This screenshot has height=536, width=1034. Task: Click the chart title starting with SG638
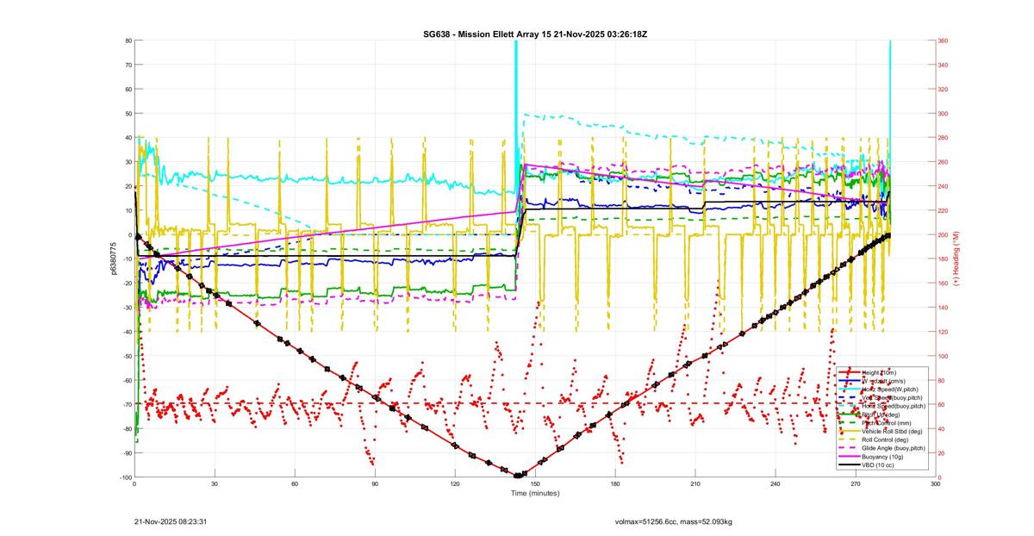[x=535, y=34]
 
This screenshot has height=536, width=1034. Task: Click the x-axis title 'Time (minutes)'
[x=535, y=494]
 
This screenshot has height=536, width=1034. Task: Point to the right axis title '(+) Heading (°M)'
[x=954, y=259]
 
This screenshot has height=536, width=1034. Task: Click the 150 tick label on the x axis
[x=535, y=484]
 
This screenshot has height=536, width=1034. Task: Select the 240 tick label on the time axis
[x=775, y=484]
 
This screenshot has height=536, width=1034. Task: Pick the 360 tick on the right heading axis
[x=944, y=41]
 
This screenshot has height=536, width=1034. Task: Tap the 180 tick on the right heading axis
[x=944, y=259]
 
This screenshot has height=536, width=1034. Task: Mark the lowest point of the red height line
[x=518, y=476]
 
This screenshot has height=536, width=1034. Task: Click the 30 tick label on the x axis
[x=215, y=484]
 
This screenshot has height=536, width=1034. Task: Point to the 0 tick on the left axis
[x=128, y=235]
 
